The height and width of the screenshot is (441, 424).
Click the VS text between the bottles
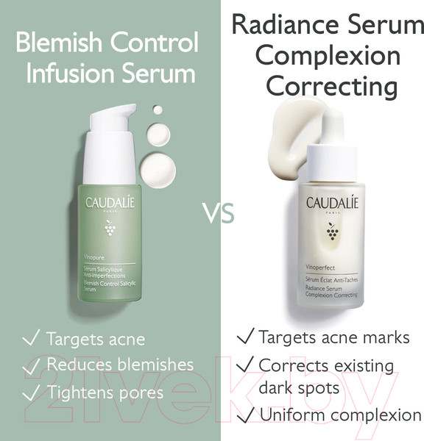[x=218, y=213]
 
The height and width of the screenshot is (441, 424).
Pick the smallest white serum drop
[x=157, y=110]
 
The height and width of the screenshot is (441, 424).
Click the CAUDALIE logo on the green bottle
[x=110, y=203]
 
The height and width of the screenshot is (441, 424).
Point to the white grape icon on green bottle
[x=110, y=229]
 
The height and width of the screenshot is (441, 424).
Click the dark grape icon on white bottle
[x=332, y=232]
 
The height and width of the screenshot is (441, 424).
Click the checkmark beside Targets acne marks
[x=245, y=337]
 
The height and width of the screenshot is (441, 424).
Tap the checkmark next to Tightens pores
[x=31, y=392]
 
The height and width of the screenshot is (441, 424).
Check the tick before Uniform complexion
[x=245, y=414]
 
